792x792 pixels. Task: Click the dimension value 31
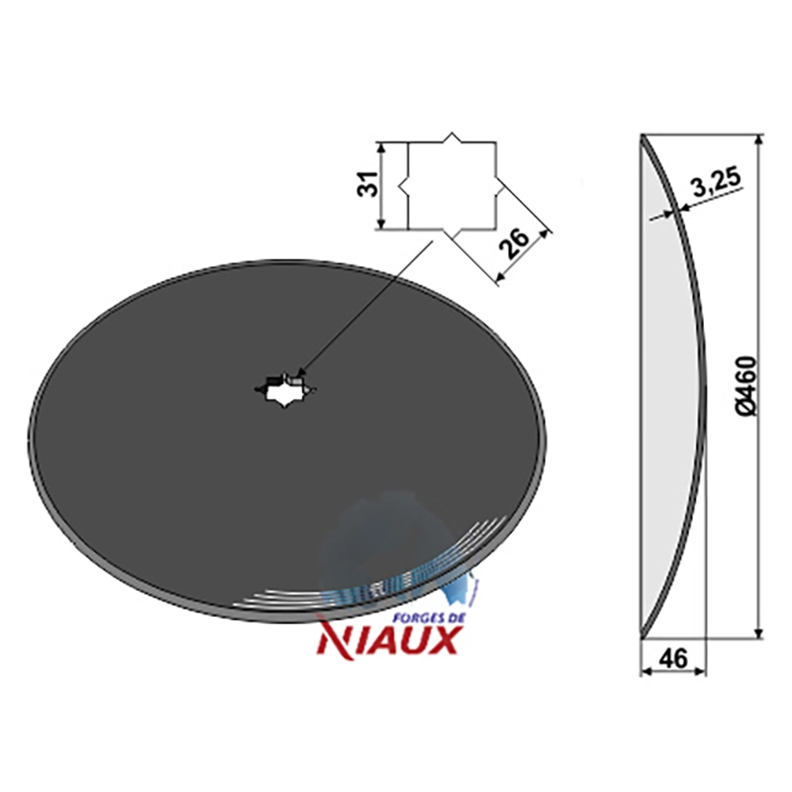point(368,184)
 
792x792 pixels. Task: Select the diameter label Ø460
point(745,386)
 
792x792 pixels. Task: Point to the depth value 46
point(673,658)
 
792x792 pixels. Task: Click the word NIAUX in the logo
point(387,639)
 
